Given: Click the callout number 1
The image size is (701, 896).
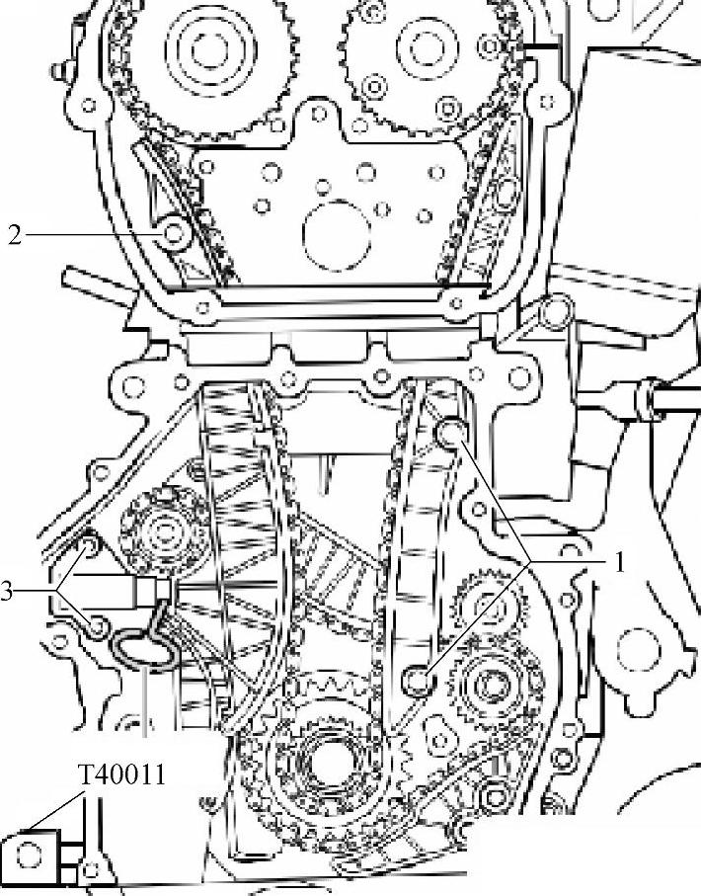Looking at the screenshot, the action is (x=618, y=562).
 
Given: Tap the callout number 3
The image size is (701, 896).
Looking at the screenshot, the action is (x=6, y=592).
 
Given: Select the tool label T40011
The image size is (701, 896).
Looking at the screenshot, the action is (x=121, y=775).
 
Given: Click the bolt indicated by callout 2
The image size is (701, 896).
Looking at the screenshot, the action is (x=174, y=234).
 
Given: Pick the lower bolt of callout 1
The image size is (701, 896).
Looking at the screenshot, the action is (x=419, y=681).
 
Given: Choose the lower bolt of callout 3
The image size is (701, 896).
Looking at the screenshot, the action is (x=98, y=627).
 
